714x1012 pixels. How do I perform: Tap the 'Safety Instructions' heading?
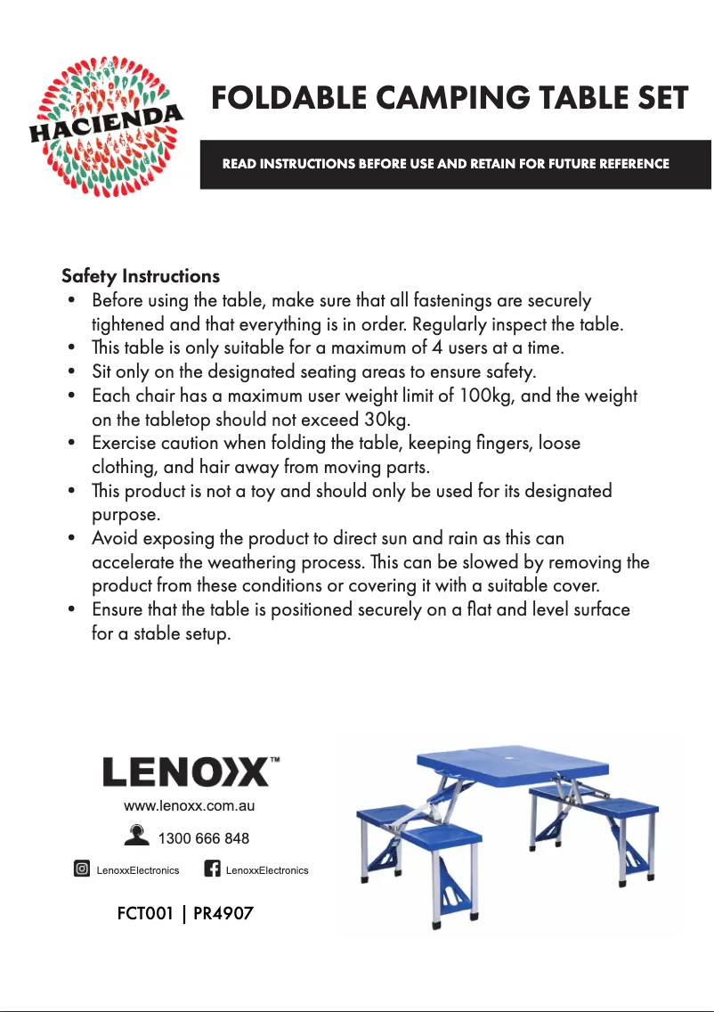coord(141,275)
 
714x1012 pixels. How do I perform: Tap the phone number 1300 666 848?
coord(203,838)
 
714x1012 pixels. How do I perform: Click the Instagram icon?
coord(81,869)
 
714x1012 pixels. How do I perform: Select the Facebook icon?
coord(212,869)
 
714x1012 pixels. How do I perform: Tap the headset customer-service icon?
coord(138,837)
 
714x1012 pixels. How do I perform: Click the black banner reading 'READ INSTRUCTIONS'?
coord(455,164)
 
